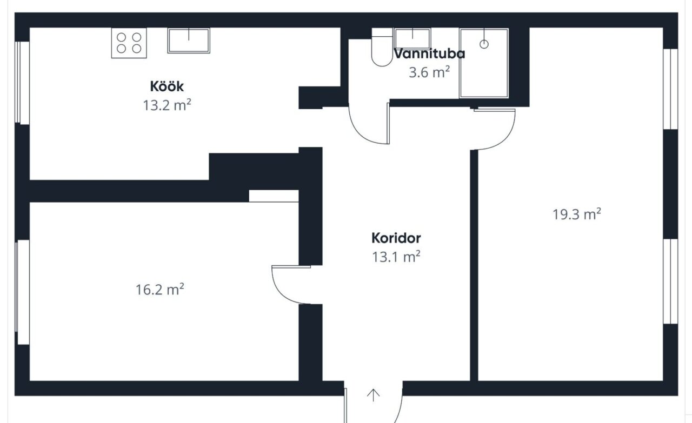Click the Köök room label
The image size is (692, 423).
coord(167,86)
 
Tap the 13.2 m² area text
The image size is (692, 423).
coord(167,105)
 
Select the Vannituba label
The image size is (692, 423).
coord(429,53)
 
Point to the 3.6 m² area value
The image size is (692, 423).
coord(429,72)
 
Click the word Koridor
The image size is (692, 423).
coord(396,238)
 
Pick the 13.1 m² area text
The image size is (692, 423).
coord(396,257)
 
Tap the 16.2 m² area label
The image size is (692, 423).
coord(160,290)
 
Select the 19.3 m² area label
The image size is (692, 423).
coord(577,214)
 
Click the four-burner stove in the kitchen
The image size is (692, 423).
coord(129,43)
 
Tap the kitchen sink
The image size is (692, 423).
coord(189,41)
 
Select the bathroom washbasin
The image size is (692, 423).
coord(412,38)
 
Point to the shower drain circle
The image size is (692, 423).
coord(484,44)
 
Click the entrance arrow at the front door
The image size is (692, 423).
coord(373,395)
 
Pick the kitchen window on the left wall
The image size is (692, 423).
coord(22,83)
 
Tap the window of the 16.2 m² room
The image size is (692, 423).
coord(22,292)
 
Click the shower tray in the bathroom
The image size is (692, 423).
coord(484,63)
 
